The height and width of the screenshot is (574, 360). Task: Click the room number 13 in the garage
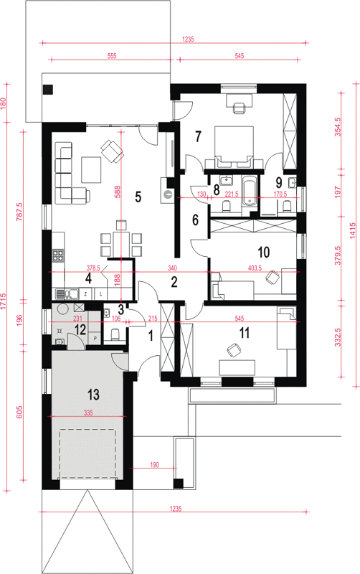93,395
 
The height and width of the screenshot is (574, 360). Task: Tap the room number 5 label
138,197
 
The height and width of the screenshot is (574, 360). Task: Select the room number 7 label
198,136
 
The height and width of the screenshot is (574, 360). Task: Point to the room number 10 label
264,252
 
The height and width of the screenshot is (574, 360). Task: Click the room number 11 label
245,333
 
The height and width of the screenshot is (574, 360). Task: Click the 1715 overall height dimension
4,301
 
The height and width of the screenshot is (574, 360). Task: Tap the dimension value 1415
352,230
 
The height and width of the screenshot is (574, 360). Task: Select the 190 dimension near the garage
154,464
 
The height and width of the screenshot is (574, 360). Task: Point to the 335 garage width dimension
88,413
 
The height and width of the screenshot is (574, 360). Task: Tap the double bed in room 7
235,146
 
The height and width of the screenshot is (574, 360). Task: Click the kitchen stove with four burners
58,255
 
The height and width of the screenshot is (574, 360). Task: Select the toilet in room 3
115,335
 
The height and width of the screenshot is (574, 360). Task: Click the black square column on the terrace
48,89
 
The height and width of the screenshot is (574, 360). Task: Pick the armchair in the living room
112,151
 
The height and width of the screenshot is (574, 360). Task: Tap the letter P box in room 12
95,339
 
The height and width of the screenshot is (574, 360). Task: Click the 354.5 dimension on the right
338,127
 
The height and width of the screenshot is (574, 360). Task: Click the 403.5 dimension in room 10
255,268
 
